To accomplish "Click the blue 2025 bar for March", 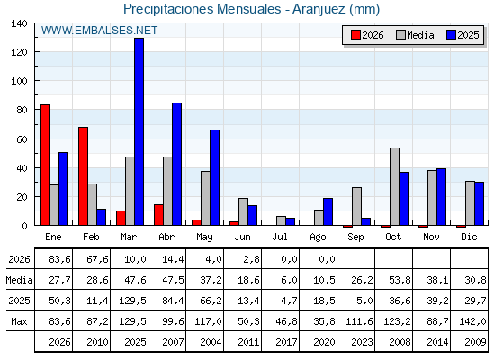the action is tap(139, 131).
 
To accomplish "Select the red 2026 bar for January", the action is tap(45, 165).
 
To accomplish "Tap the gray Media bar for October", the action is tap(394, 186).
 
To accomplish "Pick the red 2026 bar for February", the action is tap(83, 176).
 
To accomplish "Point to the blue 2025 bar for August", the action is tap(328, 211).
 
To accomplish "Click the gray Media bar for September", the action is tap(356, 206).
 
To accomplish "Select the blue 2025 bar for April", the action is tap(176, 164).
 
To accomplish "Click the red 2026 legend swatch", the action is tap(355, 35).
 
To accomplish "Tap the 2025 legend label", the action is tap(468, 35).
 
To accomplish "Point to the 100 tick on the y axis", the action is tap(19, 81).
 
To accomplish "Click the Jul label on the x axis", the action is tap(280, 238).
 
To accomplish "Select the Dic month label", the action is tap(469, 238).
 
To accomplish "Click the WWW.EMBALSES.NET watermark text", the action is tap(99, 31).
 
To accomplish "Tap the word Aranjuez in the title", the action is tap(319, 9).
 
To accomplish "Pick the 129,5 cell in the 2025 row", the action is tap(132, 301).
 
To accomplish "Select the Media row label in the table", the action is tap(19, 280).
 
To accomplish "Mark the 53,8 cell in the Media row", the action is tap(400, 280).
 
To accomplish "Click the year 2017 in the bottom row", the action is tap(286, 342).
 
